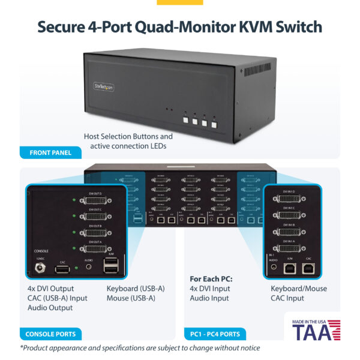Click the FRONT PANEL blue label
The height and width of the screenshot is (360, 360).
click(51, 152)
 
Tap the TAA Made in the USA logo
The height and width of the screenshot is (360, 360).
click(316, 330)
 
